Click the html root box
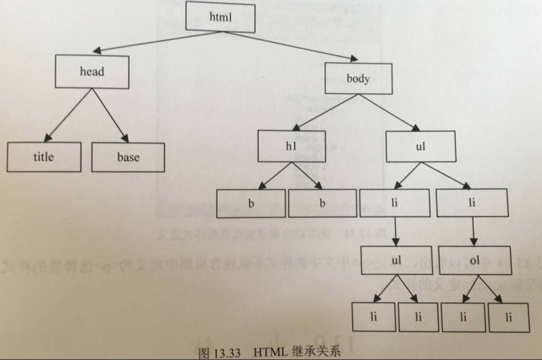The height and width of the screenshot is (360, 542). coord(220,17)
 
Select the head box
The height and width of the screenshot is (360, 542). coord(92,71)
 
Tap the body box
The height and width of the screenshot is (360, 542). coord(358,78)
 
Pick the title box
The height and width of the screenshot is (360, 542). coord(44,157)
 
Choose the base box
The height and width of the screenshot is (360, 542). coord(128,157)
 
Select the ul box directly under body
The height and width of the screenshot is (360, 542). coord(420,147)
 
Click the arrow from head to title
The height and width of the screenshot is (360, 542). coord(69,115)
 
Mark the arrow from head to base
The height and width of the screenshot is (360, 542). coord(110,115)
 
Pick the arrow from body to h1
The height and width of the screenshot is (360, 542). coord(322,112)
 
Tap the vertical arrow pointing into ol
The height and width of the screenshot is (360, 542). coord(474,231)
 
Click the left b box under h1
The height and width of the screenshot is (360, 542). coord(251,204)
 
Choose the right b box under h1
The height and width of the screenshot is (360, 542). coord(322,204)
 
